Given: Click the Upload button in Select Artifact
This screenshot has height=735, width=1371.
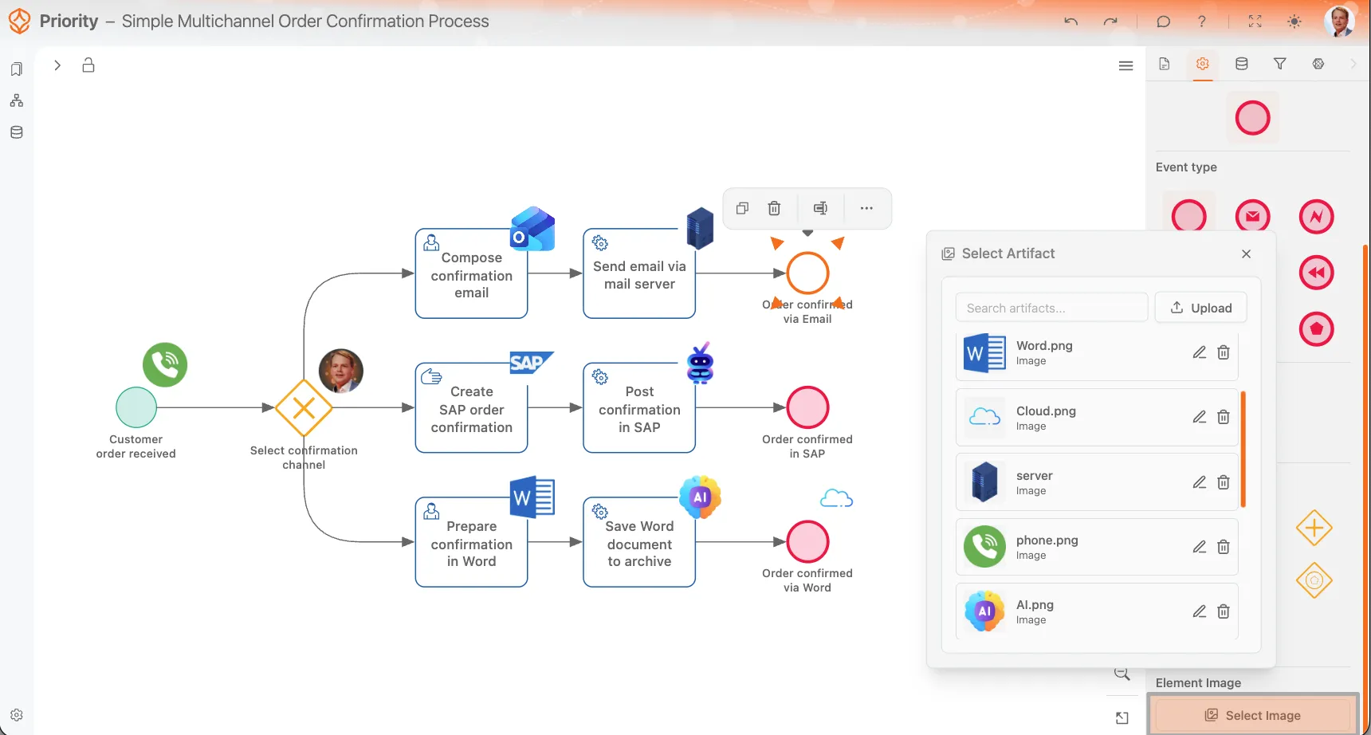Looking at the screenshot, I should click(x=1200, y=308).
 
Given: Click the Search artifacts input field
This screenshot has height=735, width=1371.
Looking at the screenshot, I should click(x=1051, y=308).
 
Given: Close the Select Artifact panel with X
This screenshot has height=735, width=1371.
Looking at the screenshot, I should click(x=1246, y=254).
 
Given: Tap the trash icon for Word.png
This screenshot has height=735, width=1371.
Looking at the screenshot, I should click(x=1224, y=352).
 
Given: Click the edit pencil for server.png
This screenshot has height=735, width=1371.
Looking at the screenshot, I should click(x=1199, y=482).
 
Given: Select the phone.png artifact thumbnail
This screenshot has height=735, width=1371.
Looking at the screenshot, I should click(x=984, y=547).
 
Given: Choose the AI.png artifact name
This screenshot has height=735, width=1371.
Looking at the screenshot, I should click(x=1035, y=605).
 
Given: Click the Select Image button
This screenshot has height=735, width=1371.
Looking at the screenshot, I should click(x=1252, y=715).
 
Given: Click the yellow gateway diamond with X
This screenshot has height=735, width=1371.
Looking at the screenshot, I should click(x=304, y=408).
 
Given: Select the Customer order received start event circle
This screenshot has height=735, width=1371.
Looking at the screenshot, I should click(x=136, y=407).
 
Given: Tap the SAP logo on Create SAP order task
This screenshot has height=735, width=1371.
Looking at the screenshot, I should click(x=531, y=363).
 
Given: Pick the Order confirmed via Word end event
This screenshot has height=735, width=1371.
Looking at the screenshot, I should click(x=807, y=542).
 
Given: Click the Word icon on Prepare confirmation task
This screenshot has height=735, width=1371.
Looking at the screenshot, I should click(x=532, y=497).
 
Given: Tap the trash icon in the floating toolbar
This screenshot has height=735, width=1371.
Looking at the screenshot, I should click(x=774, y=208).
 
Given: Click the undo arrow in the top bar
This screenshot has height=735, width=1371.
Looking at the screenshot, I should click(x=1071, y=22).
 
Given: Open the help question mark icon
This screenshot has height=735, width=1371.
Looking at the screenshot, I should click(x=1202, y=22).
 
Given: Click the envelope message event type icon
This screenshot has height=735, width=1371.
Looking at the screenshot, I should click(x=1252, y=216).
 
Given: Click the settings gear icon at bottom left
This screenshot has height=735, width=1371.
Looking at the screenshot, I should click(x=17, y=715).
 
